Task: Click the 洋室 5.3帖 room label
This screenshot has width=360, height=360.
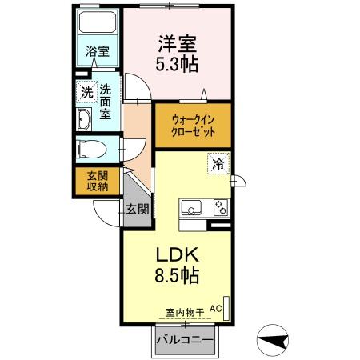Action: (x=177, y=54)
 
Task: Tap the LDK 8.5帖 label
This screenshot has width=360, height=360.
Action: (x=177, y=265)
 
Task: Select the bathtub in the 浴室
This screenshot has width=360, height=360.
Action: (x=98, y=22)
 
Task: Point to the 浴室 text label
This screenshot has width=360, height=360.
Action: (x=98, y=51)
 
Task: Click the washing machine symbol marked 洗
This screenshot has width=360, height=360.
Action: (x=86, y=91)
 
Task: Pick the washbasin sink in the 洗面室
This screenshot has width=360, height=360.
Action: (x=84, y=119)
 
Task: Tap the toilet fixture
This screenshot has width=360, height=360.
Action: (x=91, y=149)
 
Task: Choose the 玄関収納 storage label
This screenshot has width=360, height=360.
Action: (x=98, y=181)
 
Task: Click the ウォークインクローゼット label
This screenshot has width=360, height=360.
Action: (x=193, y=126)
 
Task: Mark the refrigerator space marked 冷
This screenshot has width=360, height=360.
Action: (x=218, y=163)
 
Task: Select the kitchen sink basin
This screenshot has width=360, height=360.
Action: (x=191, y=207)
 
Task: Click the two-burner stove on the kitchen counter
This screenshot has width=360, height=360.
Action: (x=221, y=207)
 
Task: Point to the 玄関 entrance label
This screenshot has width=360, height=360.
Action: (x=137, y=209)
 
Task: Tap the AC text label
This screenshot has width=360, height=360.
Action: (x=216, y=309)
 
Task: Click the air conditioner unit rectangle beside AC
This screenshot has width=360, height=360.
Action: (x=226, y=309)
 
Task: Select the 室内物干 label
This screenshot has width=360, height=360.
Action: (x=185, y=313)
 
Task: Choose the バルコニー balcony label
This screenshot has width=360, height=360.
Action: (x=185, y=340)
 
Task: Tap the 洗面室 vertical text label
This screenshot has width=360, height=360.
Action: (x=106, y=102)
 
